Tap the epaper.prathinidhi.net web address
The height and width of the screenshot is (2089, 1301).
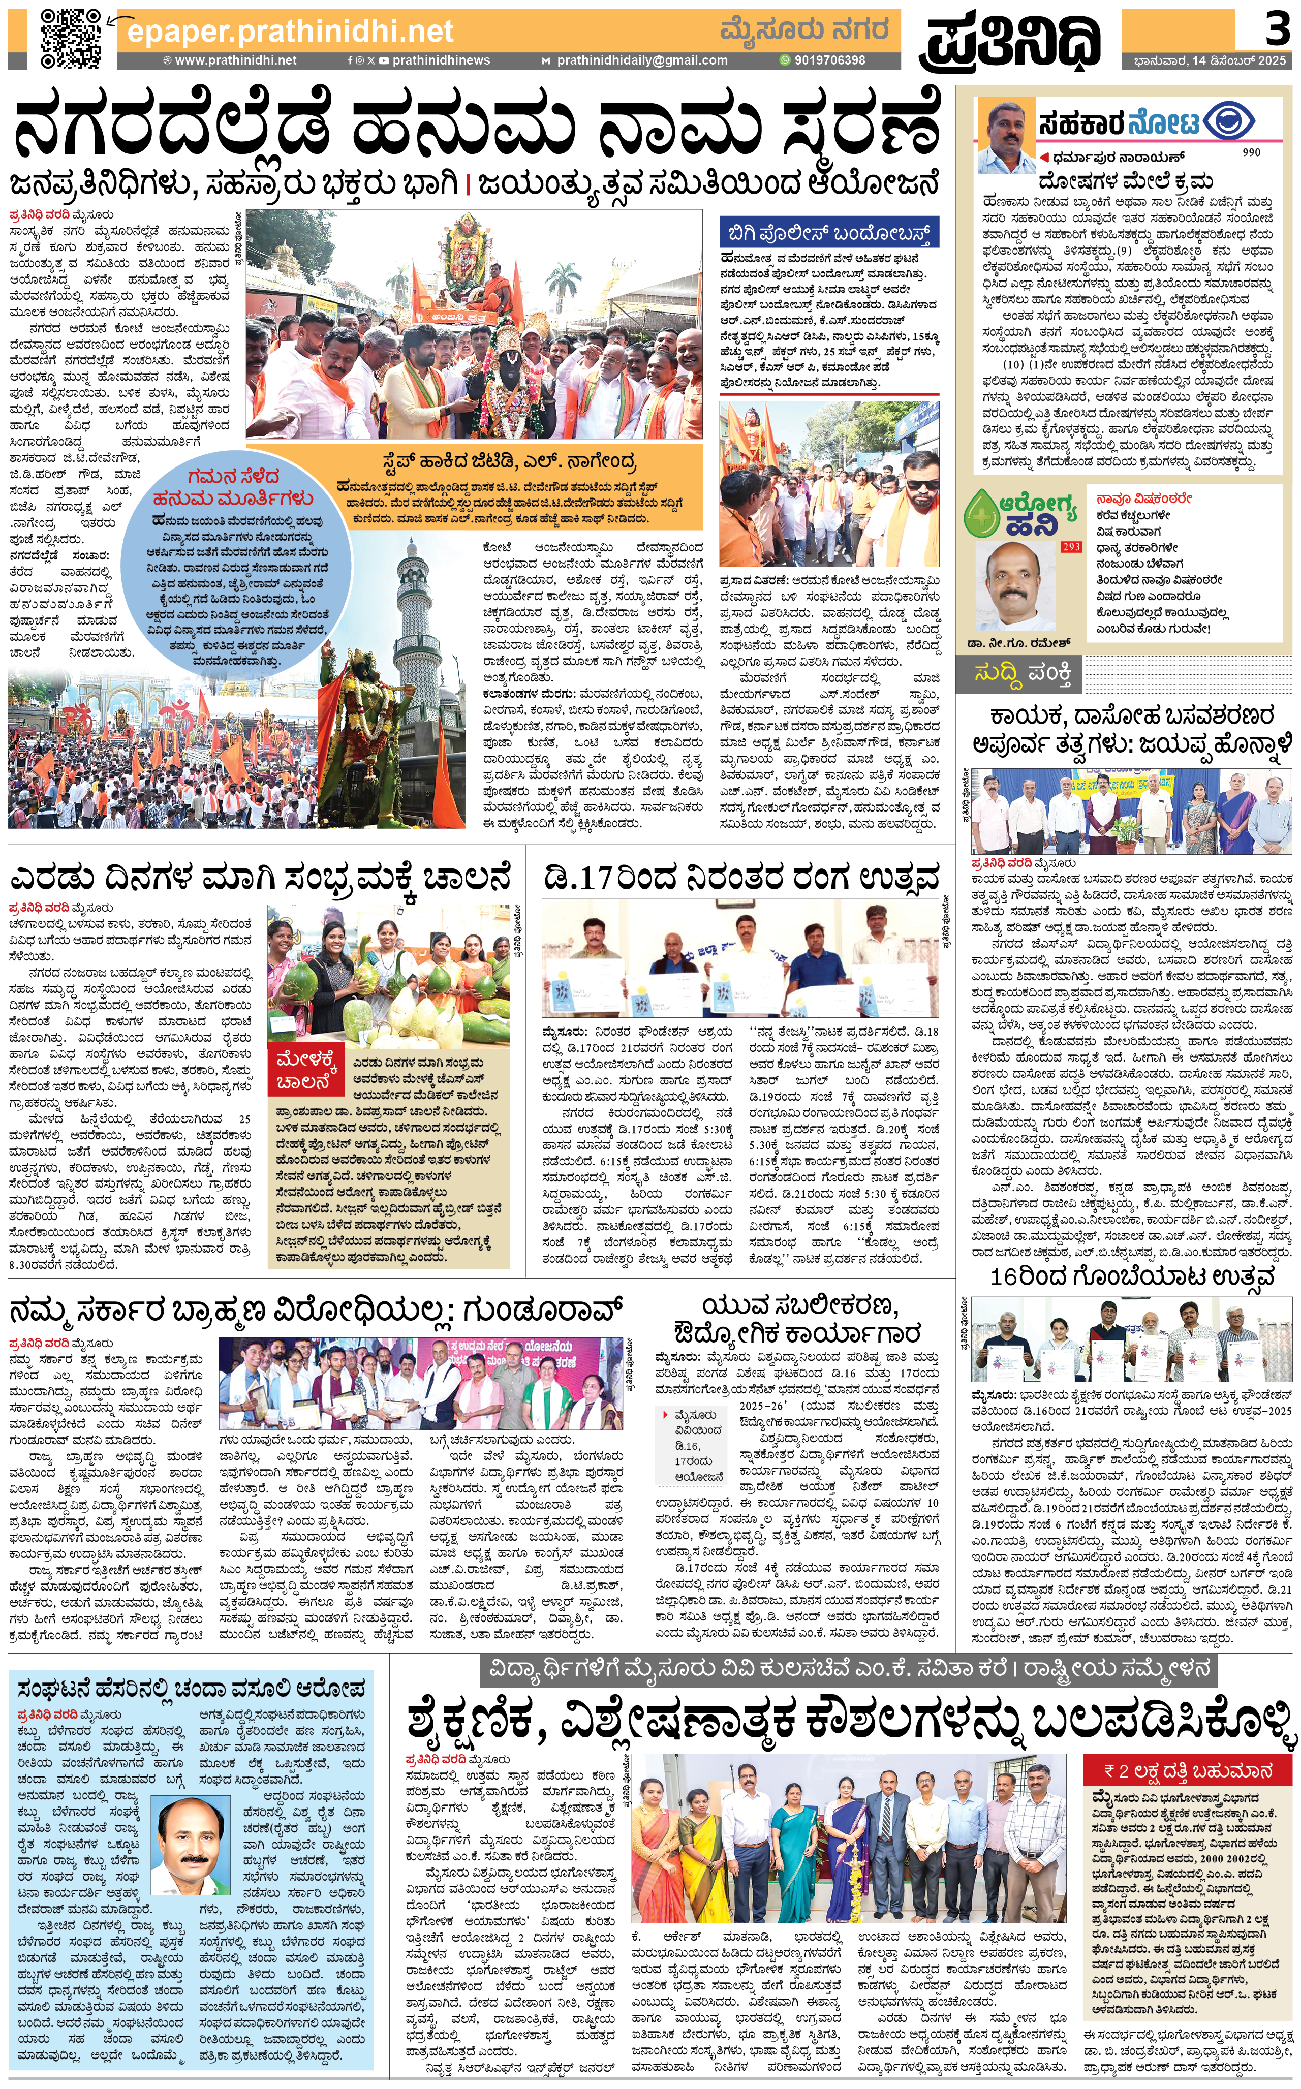(290, 32)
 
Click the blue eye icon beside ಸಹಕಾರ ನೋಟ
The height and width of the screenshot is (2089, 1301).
(1229, 122)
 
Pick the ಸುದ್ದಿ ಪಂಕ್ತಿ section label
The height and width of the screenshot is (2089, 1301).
(1024, 674)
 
